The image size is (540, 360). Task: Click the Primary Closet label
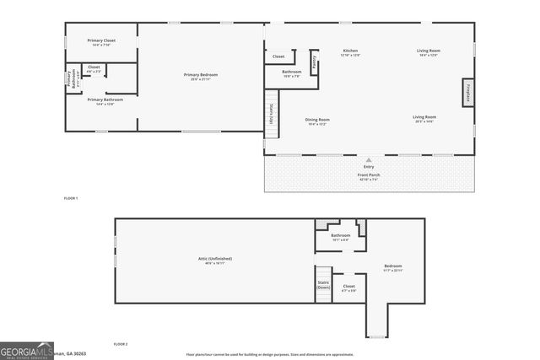click(103, 40)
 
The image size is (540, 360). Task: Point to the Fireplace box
click(466, 92)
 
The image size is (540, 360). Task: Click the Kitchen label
click(349, 52)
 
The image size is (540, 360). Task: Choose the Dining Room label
click(317, 121)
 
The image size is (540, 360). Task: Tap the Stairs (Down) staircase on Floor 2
click(323, 284)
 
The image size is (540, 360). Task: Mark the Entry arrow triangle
click(368, 159)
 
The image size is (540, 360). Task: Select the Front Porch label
click(368, 175)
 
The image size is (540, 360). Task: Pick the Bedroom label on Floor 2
click(393, 267)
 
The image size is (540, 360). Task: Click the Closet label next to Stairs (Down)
click(349, 287)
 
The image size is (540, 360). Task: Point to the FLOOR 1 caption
click(71, 197)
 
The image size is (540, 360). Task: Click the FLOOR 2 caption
click(120, 344)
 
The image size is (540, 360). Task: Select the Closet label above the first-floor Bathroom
click(278, 56)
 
